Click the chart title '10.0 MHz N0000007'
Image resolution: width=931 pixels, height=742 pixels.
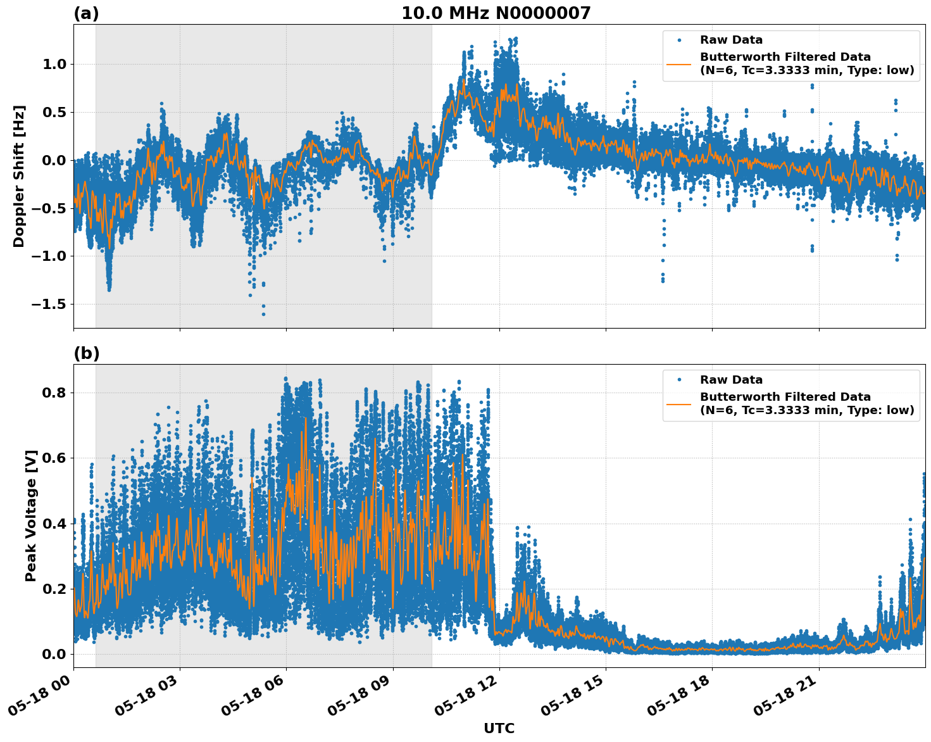click(496, 13)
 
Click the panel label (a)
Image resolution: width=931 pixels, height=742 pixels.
click(86, 13)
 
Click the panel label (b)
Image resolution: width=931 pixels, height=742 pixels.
click(87, 353)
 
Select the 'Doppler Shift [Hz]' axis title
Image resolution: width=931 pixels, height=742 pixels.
click(19, 176)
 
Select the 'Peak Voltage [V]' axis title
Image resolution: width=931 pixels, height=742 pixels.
click(30, 515)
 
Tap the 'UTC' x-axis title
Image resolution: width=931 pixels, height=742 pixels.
click(499, 728)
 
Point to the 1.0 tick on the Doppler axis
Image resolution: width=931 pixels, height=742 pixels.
click(56, 65)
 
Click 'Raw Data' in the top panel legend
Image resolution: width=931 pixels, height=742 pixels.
click(731, 41)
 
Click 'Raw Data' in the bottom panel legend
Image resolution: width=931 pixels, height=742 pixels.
click(731, 380)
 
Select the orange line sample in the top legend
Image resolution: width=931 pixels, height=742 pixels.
click(678, 64)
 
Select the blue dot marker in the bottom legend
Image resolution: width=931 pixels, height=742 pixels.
click(679, 380)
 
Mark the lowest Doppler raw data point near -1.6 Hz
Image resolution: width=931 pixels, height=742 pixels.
click(263, 314)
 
